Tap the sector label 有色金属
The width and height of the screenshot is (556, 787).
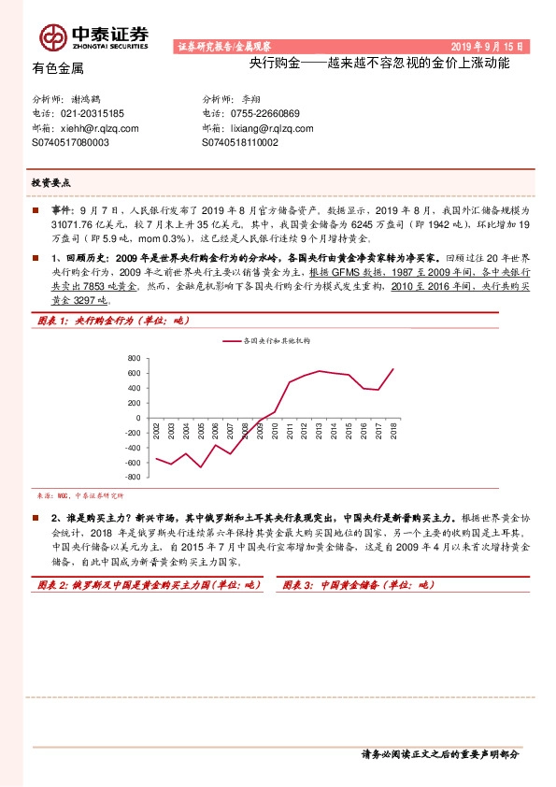(x=58, y=68)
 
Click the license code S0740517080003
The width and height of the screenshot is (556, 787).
(x=70, y=143)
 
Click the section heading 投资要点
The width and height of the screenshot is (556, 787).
(x=52, y=183)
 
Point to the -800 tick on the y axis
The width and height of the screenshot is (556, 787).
(x=132, y=477)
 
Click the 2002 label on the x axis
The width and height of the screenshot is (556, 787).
(x=156, y=432)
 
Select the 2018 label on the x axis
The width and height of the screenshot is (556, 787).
(x=393, y=432)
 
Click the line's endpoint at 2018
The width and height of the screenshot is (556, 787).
(x=393, y=368)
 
